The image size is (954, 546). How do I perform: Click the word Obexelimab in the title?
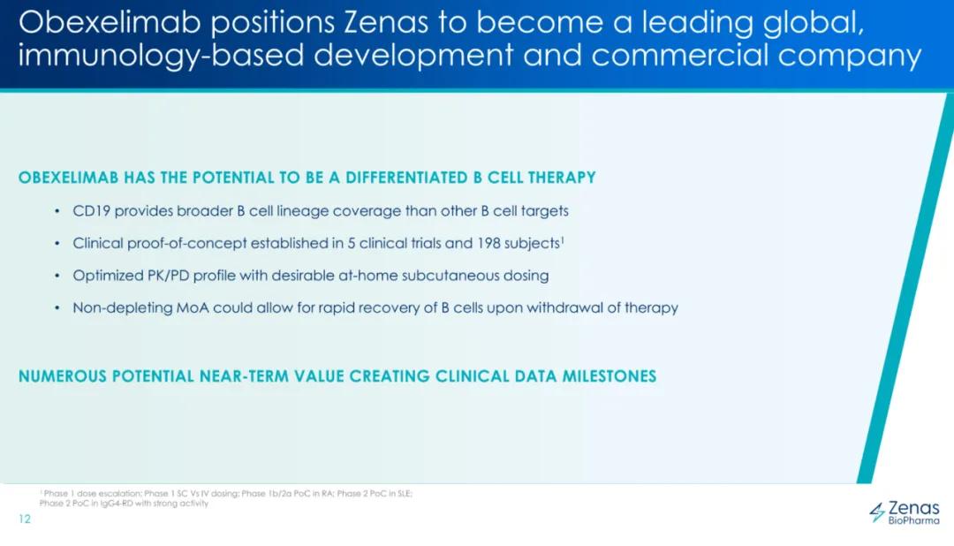click(110, 22)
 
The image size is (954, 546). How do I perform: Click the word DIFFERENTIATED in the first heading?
click(406, 178)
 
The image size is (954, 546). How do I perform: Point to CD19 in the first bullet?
click(91, 211)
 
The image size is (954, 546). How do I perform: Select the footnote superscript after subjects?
click(562, 239)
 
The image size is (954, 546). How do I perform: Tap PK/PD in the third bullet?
click(168, 276)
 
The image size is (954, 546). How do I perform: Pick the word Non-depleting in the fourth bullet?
click(122, 308)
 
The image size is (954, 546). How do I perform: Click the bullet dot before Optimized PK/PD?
click(57, 276)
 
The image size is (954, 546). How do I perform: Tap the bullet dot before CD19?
click(57, 211)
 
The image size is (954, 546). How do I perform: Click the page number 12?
click(25, 519)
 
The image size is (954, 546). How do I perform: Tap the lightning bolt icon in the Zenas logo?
click(877, 512)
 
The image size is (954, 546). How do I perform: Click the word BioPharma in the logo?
click(914, 520)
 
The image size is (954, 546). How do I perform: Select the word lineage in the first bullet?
click(302, 211)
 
